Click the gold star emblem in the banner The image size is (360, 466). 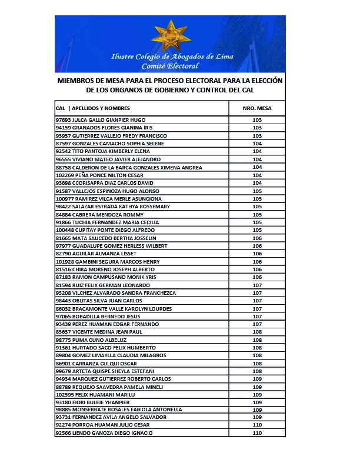click(x=171, y=36)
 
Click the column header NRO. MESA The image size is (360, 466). click(x=256, y=108)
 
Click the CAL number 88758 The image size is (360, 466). click(x=63, y=168)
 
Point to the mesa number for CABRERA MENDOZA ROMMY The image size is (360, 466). click(x=256, y=215)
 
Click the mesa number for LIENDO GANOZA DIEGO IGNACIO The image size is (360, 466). click(x=256, y=433)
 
